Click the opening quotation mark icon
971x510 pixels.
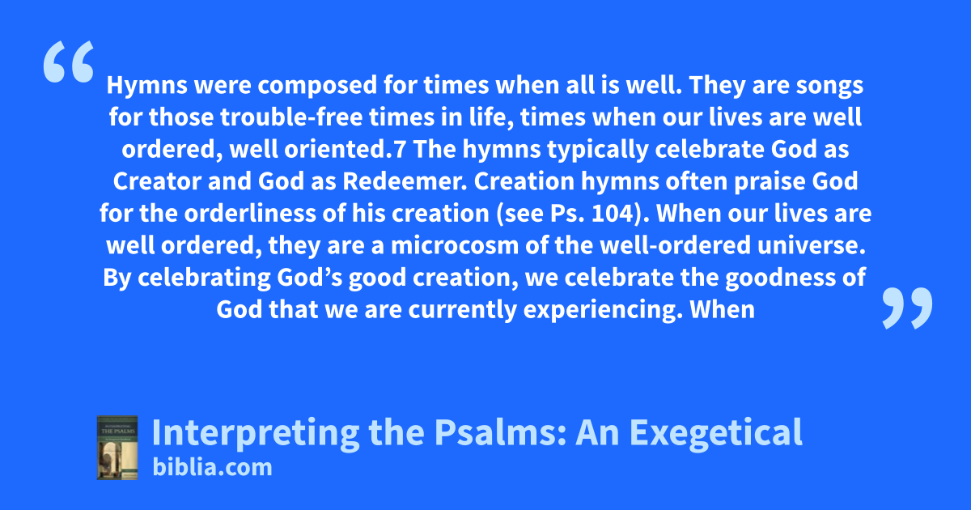coord(69,62)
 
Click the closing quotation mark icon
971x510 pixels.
coord(907,308)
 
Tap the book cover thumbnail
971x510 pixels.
coord(117,448)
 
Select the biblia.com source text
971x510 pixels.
coord(212,467)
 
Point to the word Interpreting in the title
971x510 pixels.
coord(256,433)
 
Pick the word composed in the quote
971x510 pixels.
coord(317,86)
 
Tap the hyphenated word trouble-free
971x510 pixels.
coord(291,117)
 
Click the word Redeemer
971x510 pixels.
coord(405,181)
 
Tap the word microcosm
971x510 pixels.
coord(455,245)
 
